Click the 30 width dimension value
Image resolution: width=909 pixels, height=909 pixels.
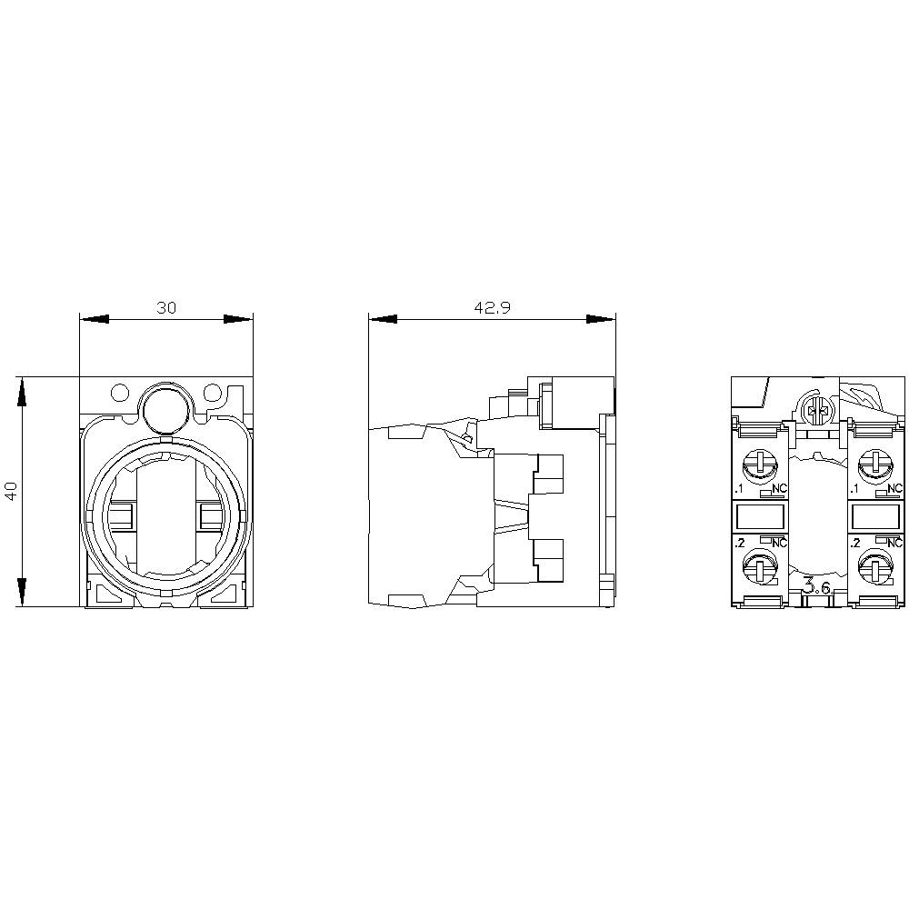tap(166, 308)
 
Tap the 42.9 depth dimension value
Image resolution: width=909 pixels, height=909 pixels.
tap(492, 308)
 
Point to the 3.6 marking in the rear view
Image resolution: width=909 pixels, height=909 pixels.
tap(818, 588)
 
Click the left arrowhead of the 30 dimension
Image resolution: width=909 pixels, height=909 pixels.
tap(95, 319)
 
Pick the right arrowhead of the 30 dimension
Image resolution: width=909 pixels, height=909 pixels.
tap(238, 319)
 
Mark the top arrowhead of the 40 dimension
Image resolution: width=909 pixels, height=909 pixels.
tap(22, 392)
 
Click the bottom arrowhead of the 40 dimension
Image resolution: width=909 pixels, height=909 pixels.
tap(22, 592)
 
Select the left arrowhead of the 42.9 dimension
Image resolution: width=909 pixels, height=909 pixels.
tap(384, 319)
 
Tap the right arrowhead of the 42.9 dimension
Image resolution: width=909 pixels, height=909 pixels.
tap(601, 319)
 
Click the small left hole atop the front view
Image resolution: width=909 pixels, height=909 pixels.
tap(119, 393)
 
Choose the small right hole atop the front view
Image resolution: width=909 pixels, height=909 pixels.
tap(212, 393)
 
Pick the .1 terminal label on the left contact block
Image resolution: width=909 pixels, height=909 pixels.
tap(738, 489)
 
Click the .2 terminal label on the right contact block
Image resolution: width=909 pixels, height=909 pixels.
tap(854, 544)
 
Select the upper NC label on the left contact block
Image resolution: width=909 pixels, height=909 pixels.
tap(780, 489)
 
